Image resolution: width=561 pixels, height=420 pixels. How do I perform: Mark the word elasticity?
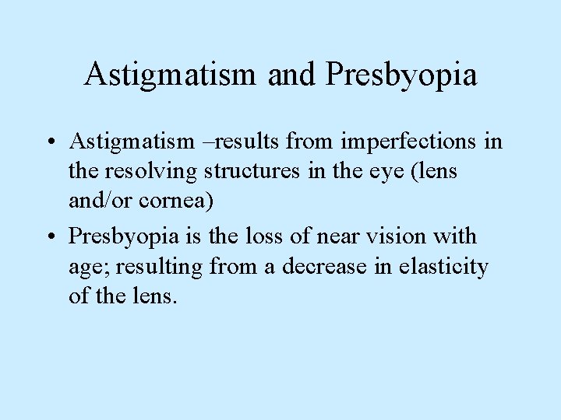443,268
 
